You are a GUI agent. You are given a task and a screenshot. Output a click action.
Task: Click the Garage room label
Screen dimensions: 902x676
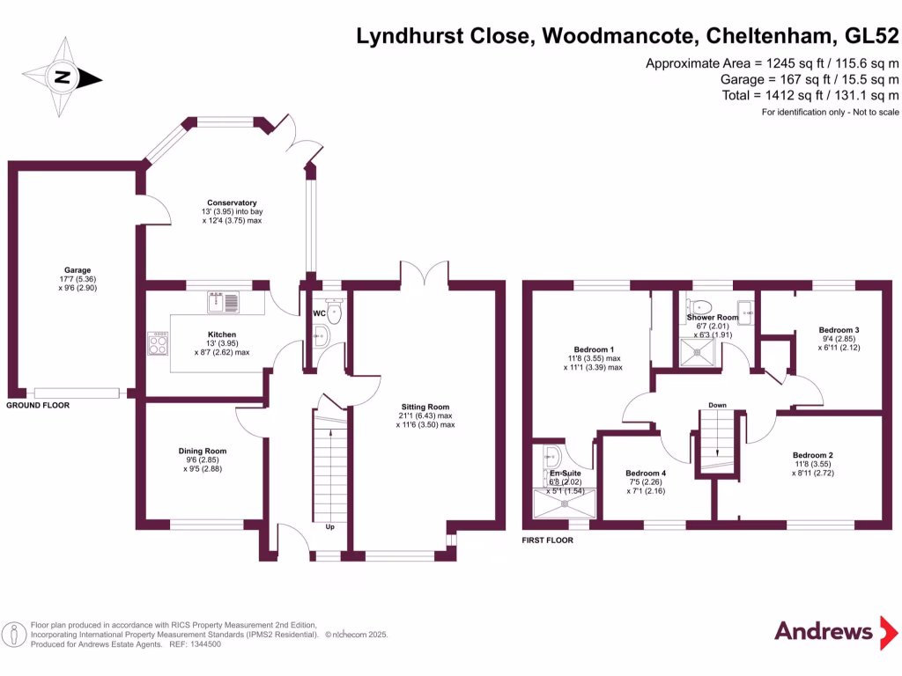click(x=78, y=270)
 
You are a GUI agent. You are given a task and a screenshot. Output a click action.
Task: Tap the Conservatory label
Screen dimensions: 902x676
click(x=232, y=203)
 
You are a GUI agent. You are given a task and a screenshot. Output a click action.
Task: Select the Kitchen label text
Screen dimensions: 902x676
click(x=222, y=334)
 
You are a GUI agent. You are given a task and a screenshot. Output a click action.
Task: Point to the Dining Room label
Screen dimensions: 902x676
click(x=203, y=452)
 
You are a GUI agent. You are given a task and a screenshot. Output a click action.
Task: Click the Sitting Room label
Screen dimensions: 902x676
click(x=425, y=407)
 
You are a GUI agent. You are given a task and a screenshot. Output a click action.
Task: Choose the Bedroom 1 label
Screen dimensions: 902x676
click(x=594, y=349)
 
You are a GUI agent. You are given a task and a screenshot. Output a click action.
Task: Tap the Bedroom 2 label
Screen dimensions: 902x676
click(x=813, y=455)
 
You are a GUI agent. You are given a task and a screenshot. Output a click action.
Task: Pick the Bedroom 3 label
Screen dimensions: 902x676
click(x=839, y=330)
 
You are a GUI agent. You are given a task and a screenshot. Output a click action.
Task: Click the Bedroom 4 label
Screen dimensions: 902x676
click(x=646, y=473)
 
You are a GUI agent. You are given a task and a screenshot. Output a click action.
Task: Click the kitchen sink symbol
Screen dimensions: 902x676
click(x=223, y=303)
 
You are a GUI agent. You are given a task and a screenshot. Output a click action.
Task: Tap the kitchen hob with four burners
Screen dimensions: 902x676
click(x=159, y=343)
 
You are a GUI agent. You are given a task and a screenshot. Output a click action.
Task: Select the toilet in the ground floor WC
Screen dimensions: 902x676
click(x=334, y=311)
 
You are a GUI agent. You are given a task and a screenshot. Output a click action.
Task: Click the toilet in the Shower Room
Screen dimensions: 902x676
click(x=699, y=306)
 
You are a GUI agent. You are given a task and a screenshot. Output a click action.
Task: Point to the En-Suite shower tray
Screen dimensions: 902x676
click(x=565, y=503)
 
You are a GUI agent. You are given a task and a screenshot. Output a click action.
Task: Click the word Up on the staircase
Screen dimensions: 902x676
click(x=330, y=527)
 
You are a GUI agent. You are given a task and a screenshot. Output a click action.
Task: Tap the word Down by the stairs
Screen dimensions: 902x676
click(x=717, y=405)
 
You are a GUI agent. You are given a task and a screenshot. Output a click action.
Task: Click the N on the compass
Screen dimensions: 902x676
click(x=63, y=77)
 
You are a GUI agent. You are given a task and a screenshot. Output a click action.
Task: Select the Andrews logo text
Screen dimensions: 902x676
click(x=824, y=631)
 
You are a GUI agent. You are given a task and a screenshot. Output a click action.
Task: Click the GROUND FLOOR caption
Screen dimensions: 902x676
click(x=38, y=405)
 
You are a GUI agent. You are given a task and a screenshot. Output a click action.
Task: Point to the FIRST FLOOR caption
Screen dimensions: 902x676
click(x=548, y=540)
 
